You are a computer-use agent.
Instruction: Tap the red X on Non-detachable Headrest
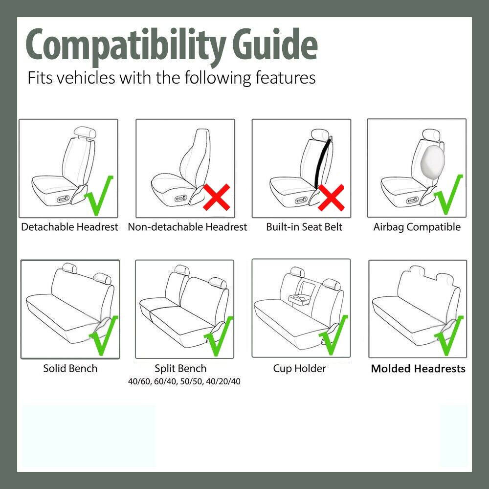click(x=217, y=198)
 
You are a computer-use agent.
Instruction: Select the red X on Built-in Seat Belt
click(x=331, y=198)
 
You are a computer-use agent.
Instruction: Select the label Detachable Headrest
click(x=69, y=227)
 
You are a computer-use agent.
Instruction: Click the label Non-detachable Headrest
click(x=187, y=227)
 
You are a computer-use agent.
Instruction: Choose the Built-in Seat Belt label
click(x=304, y=227)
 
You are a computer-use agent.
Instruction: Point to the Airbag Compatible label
click(x=417, y=227)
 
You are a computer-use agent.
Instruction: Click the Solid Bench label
click(x=70, y=368)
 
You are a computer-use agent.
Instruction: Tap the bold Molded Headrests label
click(x=418, y=369)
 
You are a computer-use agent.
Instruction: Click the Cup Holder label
click(x=300, y=368)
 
